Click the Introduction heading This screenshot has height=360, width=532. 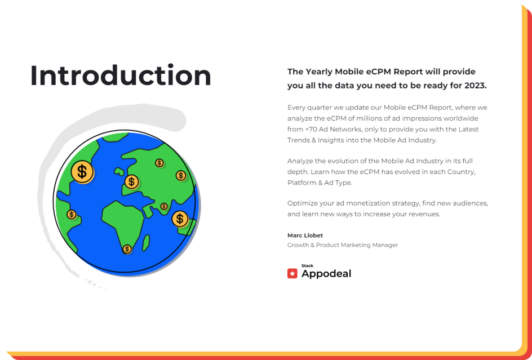click(121, 75)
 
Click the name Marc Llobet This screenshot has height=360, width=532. click(305, 235)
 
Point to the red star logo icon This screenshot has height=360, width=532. click(292, 273)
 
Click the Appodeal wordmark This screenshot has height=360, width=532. click(326, 273)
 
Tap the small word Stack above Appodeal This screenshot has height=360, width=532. click(307, 266)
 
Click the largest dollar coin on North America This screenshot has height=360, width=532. click(82, 172)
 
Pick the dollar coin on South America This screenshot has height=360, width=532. click(71, 215)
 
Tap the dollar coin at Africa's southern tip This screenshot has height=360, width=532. click(127, 250)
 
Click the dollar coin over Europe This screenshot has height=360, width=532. click(132, 182)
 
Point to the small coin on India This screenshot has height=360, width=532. click(164, 206)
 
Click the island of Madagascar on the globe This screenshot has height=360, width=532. click(146, 243)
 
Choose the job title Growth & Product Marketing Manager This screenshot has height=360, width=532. click(343, 245)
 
